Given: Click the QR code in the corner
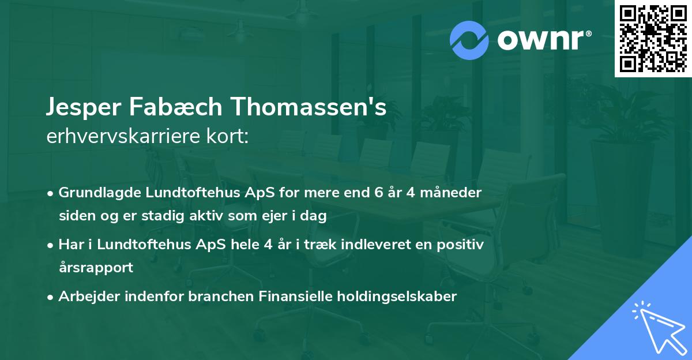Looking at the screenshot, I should click(x=653, y=39).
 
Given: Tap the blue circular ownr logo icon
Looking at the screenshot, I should click(x=469, y=39).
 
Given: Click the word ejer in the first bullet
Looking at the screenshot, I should click(x=276, y=216).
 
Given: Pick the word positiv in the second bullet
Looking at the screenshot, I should click(x=462, y=244).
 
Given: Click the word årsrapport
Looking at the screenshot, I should click(x=96, y=268).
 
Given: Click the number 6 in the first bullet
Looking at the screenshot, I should click(x=378, y=192).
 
